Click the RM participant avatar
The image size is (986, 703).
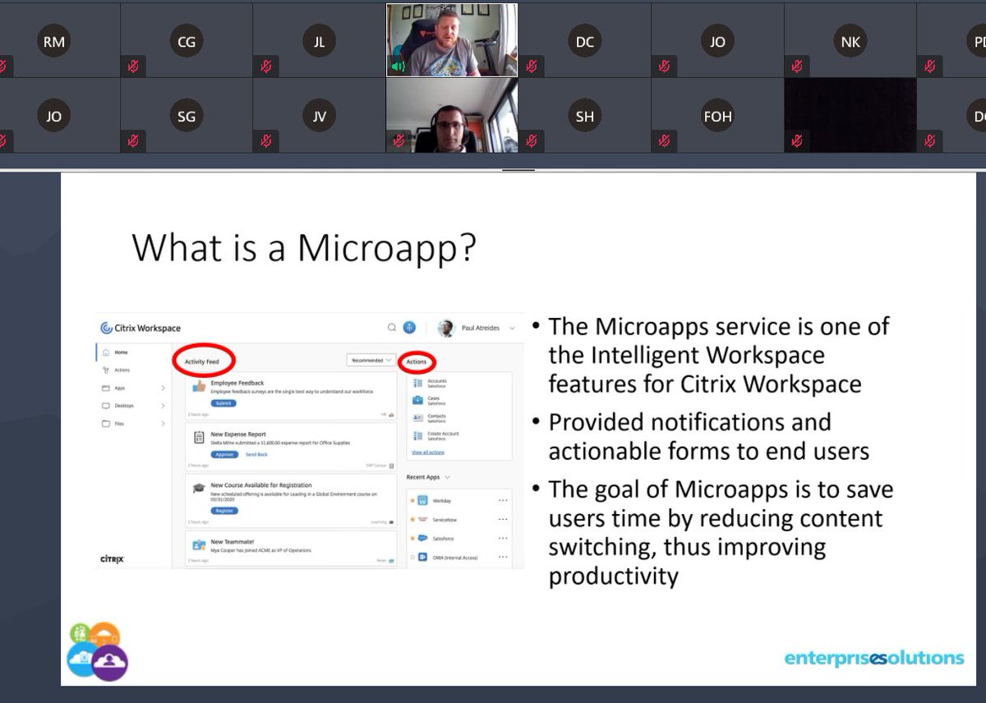point(53,42)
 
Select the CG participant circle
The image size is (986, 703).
point(187,42)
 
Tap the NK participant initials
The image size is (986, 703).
point(850,42)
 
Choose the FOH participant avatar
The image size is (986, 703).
point(717,117)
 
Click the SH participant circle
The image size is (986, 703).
point(584,117)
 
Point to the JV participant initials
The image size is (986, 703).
point(320,117)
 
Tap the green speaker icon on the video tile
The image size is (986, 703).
point(398,66)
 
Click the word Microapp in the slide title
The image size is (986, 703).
point(387,247)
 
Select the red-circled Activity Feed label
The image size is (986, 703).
point(202,361)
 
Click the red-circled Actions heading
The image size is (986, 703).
point(417,361)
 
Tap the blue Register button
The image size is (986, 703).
point(224,511)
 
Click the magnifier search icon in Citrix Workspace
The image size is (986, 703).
point(392,328)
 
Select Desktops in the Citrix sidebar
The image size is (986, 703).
point(124,406)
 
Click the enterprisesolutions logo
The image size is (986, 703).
point(873,658)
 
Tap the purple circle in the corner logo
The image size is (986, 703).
point(110,663)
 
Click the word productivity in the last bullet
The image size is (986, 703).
point(613,576)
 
